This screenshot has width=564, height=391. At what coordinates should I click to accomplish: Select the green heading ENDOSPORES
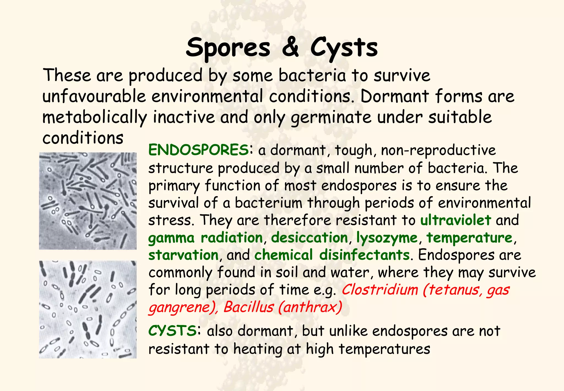tap(198, 150)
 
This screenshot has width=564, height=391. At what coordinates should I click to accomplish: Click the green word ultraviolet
tap(455, 220)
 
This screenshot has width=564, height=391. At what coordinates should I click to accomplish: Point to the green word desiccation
tap(310, 238)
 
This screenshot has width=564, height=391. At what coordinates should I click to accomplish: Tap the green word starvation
tap(183, 255)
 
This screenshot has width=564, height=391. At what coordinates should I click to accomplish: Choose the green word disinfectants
tap(364, 255)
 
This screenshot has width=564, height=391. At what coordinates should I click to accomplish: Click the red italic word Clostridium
tap(380, 290)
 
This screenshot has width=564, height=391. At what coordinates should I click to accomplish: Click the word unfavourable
tap(94, 97)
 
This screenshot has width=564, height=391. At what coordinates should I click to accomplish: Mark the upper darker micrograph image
tap(88, 201)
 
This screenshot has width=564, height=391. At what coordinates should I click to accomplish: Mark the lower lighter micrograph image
tap(88, 309)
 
